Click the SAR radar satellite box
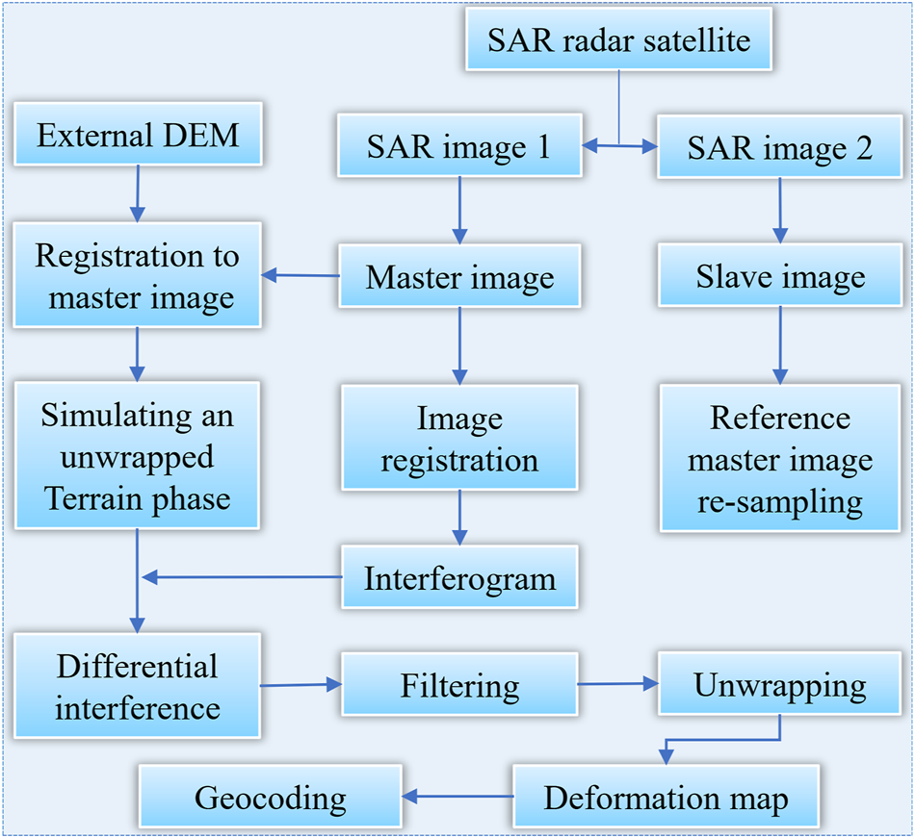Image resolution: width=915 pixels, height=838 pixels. point(618,41)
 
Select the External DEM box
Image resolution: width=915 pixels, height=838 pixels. point(138,136)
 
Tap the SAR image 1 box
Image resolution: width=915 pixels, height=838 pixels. point(459,147)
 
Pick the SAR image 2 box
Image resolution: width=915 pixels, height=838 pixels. point(779,147)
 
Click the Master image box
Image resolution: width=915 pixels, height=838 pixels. point(459,278)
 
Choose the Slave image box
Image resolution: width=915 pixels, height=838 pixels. point(779,278)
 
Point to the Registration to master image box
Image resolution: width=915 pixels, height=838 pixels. point(138,277)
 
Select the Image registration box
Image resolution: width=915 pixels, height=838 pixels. point(459,440)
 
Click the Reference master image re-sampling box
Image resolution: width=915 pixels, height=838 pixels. point(779,460)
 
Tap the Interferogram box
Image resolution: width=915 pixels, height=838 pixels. point(459,579)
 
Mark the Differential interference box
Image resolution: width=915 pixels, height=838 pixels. point(138,687)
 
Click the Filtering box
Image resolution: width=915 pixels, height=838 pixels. point(459,686)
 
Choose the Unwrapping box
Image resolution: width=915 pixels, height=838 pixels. point(779,686)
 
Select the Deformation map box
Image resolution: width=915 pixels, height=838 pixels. point(666,798)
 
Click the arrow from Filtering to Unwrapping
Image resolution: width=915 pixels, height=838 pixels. point(617,684)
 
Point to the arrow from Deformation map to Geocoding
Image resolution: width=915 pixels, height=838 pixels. point(457,796)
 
